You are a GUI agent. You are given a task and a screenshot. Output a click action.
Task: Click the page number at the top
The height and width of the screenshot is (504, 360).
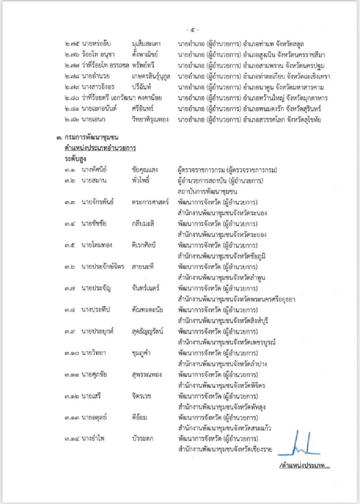(193, 30)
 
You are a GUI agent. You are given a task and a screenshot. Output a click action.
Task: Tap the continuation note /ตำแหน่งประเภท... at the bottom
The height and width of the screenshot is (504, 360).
(304, 466)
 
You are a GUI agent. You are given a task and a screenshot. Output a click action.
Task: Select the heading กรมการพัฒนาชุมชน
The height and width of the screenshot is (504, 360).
(91, 137)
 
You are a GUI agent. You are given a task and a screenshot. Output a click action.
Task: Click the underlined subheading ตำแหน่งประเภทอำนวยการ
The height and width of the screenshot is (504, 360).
(100, 148)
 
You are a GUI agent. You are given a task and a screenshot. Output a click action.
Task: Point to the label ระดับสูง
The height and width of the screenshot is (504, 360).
(75, 159)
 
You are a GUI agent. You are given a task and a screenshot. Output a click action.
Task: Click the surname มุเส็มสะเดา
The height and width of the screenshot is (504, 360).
(146, 44)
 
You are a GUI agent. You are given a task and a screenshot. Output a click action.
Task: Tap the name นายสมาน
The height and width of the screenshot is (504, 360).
(94, 181)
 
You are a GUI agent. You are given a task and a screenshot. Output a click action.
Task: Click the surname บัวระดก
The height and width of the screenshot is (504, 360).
(142, 438)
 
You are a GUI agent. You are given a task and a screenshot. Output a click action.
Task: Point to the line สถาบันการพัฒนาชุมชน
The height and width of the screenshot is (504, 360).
(207, 191)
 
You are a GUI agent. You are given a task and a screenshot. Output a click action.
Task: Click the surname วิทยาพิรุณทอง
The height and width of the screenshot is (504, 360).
(150, 120)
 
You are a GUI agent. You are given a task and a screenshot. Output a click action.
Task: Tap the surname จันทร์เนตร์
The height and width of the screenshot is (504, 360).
(145, 288)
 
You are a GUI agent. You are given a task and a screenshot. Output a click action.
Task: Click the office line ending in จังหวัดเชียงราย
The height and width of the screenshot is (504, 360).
(225, 449)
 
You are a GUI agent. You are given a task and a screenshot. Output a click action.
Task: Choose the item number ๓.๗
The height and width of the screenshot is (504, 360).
(69, 288)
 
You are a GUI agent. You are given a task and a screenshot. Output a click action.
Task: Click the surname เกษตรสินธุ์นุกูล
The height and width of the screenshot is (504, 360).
(151, 76)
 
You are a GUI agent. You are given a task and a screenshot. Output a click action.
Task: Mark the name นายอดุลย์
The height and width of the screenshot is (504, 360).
(94, 417)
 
